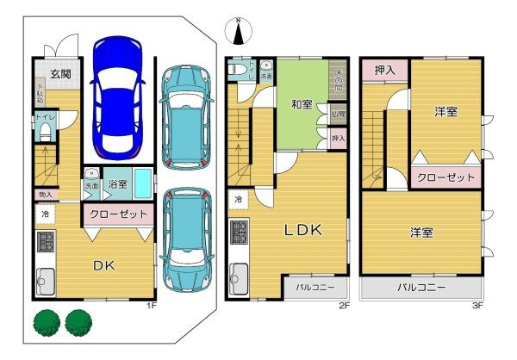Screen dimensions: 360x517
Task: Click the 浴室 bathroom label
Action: pos(117,184)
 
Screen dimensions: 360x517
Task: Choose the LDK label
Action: pos(303,230)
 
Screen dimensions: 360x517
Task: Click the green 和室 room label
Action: pos(301,104)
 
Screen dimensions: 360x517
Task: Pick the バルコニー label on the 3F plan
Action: pos(421,287)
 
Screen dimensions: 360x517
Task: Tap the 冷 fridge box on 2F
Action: pos(236,199)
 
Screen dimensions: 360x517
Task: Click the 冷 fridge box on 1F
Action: pos(43,213)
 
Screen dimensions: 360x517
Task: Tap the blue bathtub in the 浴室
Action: pos(143,183)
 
